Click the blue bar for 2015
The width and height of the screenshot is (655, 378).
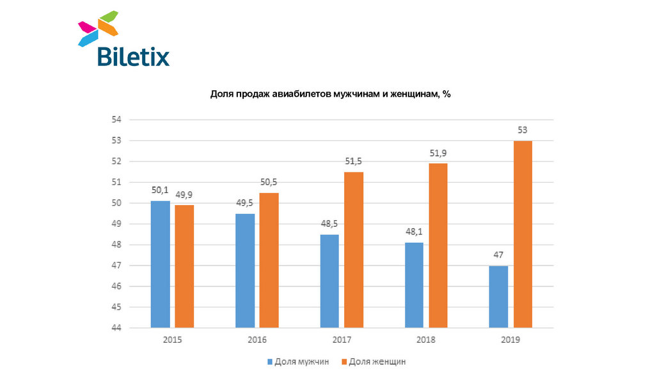click(x=160, y=264)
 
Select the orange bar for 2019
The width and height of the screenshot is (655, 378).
click(x=523, y=234)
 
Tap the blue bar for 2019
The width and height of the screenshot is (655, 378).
click(x=498, y=297)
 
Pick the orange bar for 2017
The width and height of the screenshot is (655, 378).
click(x=354, y=250)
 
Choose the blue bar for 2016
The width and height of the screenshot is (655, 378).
click(x=245, y=270)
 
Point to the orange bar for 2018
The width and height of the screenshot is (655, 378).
click(x=438, y=245)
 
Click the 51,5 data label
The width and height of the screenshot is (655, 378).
click(x=354, y=161)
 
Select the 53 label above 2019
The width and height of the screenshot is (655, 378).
click(x=523, y=130)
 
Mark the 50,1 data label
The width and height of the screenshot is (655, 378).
click(x=160, y=190)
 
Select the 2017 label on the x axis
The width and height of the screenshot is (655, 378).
click(x=342, y=340)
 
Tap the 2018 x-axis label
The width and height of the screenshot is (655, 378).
click(x=426, y=340)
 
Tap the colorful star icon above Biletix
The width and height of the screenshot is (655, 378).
click(x=98, y=28)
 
